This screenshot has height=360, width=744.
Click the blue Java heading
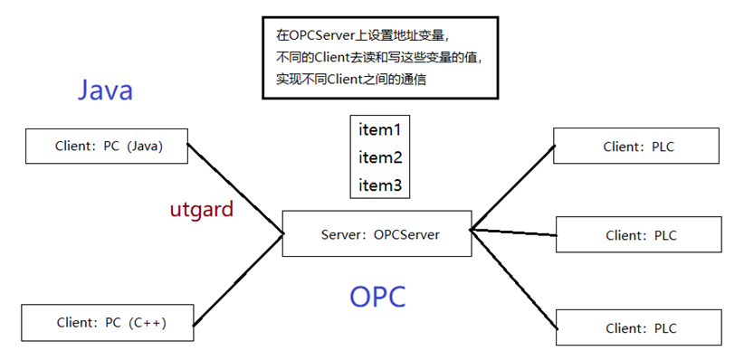click(x=105, y=90)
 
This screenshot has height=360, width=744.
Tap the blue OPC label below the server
click(x=377, y=296)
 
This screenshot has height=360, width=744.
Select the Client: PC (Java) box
click(x=108, y=147)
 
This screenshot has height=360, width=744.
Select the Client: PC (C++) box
click(x=108, y=322)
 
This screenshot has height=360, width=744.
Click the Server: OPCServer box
click(x=377, y=234)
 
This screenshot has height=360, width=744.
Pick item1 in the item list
click(x=379, y=128)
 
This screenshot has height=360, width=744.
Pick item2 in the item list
click(x=379, y=157)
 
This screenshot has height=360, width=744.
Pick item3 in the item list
click(x=379, y=185)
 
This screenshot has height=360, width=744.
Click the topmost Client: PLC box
click(x=637, y=147)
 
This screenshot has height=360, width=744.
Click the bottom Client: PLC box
click(x=638, y=327)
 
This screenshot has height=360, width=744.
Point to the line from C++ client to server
click(x=237, y=279)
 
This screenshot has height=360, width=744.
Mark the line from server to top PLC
click(x=512, y=186)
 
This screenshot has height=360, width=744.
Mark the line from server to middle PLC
click(x=512, y=232)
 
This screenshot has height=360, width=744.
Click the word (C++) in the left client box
click(x=148, y=322)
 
